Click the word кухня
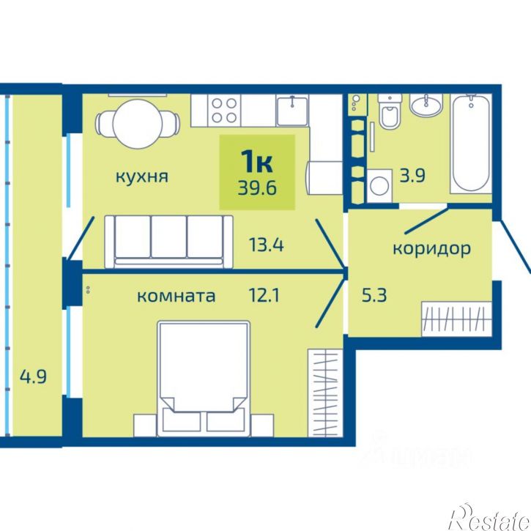141,177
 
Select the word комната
177,296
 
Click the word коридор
431,248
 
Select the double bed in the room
202,379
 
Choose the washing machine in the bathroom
379,185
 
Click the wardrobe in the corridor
454,319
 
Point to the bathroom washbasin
426,107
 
